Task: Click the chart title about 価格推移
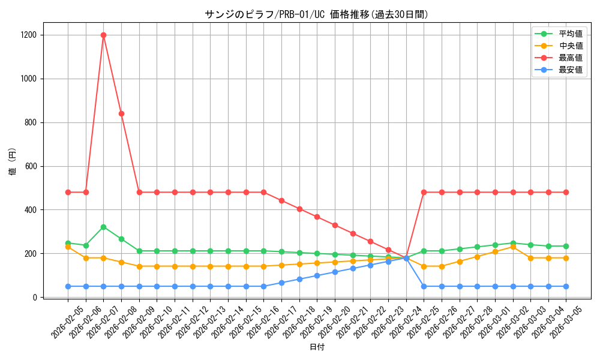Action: coord(316,14)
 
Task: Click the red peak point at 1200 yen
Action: coord(103,35)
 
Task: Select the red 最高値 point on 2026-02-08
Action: coord(121,113)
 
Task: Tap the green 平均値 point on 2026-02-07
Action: coord(103,227)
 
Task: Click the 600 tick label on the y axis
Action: coord(31,166)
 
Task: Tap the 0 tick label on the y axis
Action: coord(36,297)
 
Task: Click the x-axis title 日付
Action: coord(316,347)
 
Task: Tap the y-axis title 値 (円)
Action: coord(13,162)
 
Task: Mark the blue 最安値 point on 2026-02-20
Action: coord(335,272)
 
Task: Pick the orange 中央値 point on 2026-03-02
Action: coord(513,247)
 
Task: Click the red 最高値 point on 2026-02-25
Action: coord(424,192)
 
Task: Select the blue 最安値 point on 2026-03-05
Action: coord(566,286)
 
